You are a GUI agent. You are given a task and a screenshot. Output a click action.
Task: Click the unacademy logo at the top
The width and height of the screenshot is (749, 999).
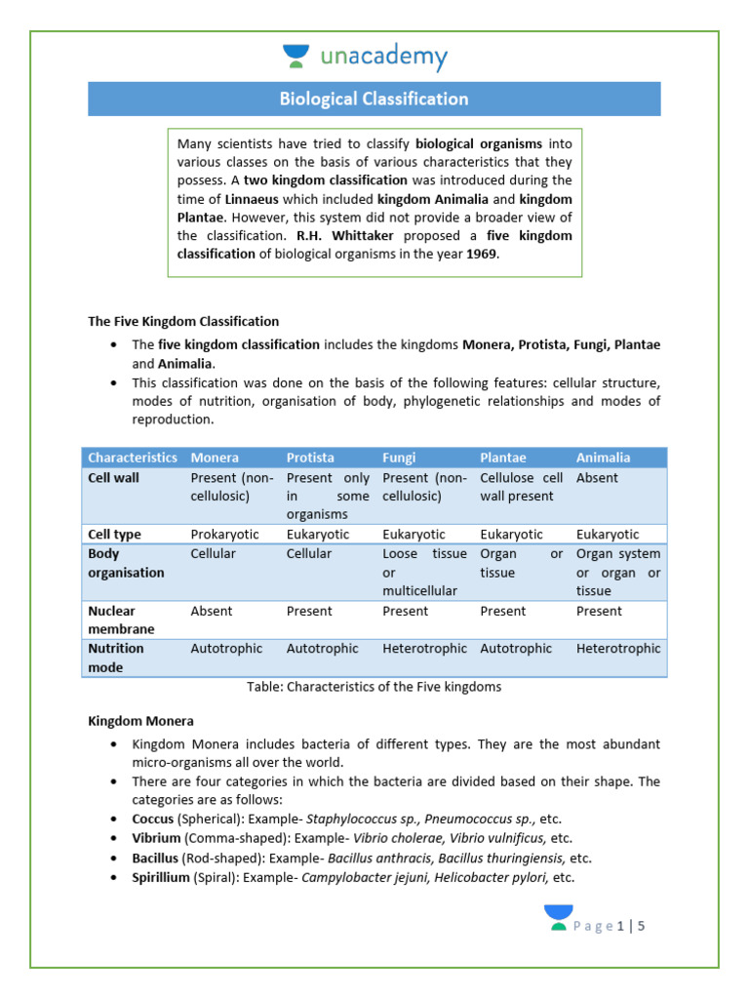pyautogui.click(x=364, y=57)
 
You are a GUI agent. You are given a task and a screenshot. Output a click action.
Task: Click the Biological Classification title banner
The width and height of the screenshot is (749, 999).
pyautogui.click(x=374, y=100)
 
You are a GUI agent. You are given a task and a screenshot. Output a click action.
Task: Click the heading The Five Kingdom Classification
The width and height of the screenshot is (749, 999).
pyautogui.click(x=183, y=321)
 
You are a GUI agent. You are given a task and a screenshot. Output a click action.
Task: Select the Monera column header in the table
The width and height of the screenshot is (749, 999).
pyautogui.click(x=215, y=458)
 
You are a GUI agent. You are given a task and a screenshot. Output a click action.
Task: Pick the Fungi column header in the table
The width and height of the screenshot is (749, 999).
pyautogui.click(x=399, y=458)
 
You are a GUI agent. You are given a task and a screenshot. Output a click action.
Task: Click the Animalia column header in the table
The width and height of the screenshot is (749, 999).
pyautogui.click(x=603, y=458)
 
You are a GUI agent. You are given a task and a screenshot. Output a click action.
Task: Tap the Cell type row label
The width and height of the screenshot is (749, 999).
pyautogui.click(x=114, y=535)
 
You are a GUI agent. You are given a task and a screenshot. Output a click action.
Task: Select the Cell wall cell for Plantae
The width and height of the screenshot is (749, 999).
pyautogui.click(x=521, y=487)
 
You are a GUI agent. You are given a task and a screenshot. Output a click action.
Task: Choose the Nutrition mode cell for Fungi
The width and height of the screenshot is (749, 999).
pyautogui.click(x=424, y=649)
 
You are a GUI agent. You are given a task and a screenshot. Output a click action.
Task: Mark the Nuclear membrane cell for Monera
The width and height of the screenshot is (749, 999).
pyautogui.click(x=212, y=612)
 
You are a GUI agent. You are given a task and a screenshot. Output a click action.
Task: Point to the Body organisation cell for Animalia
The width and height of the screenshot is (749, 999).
pyautogui.click(x=617, y=572)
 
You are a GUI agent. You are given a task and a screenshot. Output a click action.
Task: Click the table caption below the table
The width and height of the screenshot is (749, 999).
pyautogui.click(x=374, y=687)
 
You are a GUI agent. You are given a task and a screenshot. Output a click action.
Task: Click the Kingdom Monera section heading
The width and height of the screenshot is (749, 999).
pyautogui.click(x=140, y=721)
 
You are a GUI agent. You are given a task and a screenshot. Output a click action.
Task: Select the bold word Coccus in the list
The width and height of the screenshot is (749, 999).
pyautogui.click(x=153, y=819)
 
